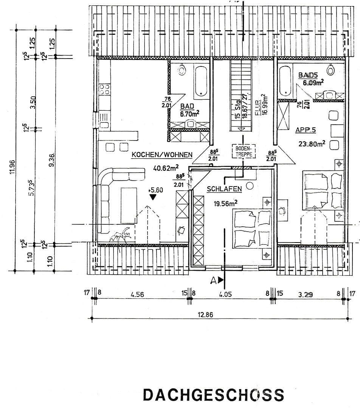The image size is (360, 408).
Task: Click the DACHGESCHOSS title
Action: tap(214, 395)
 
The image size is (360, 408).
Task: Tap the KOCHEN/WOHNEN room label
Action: tap(162, 155)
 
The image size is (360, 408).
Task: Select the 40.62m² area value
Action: tap(166, 168)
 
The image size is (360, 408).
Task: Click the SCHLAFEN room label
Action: tap(224, 189)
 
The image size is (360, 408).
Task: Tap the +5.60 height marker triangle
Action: tap(153, 197)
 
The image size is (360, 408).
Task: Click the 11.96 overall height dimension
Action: tap(12, 167)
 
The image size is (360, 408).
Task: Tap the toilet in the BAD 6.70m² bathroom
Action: tap(182, 70)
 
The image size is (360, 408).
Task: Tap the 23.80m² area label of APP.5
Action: tap(308, 144)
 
